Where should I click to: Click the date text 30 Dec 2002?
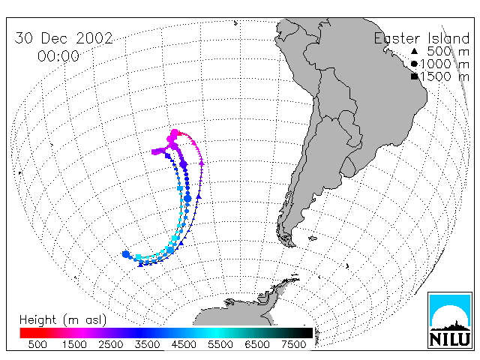[64, 38]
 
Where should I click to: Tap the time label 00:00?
[58, 56]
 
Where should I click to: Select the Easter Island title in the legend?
[421, 38]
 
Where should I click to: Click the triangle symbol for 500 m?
[414, 51]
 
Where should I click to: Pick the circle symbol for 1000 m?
[414, 64]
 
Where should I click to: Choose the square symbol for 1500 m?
[415, 76]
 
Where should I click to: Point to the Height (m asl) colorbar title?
[63, 320]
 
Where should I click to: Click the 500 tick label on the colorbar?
[37, 344]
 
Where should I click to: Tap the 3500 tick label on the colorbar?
[147, 344]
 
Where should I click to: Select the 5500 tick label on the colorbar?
[220, 344]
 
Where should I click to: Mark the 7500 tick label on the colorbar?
[293, 344]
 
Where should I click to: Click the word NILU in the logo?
[450, 339]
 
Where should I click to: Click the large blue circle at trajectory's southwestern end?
[126, 254]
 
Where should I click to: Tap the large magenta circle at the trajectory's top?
[175, 133]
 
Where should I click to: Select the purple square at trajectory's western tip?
[155, 151]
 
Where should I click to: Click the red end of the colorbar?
[22, 333]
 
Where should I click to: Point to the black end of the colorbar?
[310, 333]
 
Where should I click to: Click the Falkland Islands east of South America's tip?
[313, 238]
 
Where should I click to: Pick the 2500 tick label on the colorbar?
[110, 344]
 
